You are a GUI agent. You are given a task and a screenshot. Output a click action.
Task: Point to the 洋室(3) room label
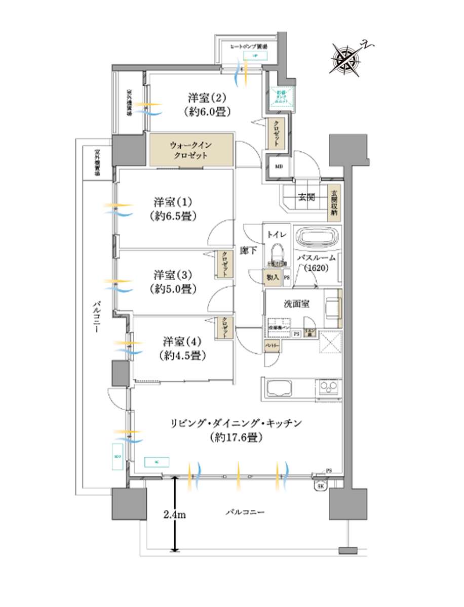tap(173, 276)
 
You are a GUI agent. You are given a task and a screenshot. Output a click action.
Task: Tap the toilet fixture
tap(276, 253)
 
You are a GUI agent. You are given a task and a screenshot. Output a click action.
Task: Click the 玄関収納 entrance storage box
tap(334, 203)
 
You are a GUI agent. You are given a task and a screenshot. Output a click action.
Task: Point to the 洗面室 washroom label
tap(297, 304)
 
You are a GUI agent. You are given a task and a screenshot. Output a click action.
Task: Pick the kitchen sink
tap(278, 389)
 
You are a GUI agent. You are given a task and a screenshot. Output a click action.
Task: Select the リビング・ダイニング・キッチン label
tap(237, 421)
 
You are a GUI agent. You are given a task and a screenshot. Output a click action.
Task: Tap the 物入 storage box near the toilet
tap(273, 278)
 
